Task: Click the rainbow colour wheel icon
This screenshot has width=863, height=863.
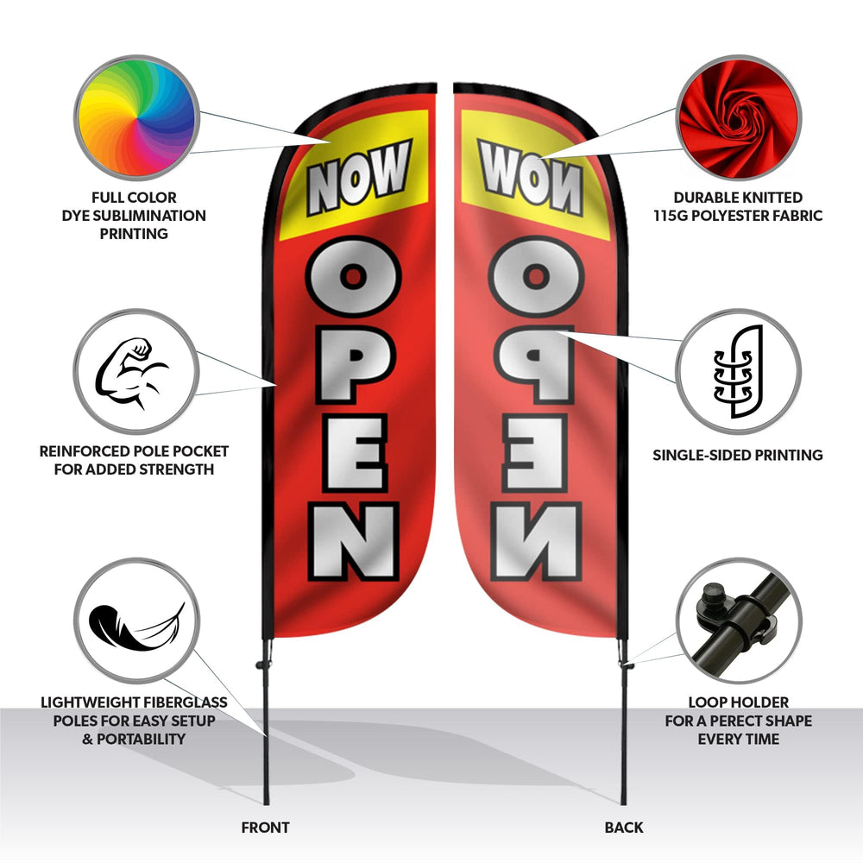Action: [136, 117]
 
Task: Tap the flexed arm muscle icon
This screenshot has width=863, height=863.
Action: [131, 373]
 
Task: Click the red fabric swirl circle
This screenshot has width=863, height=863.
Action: [738, 117]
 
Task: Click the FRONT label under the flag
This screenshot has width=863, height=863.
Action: [265, 828]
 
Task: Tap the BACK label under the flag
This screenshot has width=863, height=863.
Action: [624, 828]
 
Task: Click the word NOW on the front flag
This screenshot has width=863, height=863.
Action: [359, 177]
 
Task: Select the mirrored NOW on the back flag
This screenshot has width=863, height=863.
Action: [531, 177]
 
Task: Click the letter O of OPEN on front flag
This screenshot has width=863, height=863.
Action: [353, 276]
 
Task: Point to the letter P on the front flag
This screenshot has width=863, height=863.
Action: [353, 364]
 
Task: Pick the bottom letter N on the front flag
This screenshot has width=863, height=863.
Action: [353, 542]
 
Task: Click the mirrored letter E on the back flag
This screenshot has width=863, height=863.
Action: [533, 452]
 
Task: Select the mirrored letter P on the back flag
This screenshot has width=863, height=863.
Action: [533, 364]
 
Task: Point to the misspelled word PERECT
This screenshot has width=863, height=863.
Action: [738, 721]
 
